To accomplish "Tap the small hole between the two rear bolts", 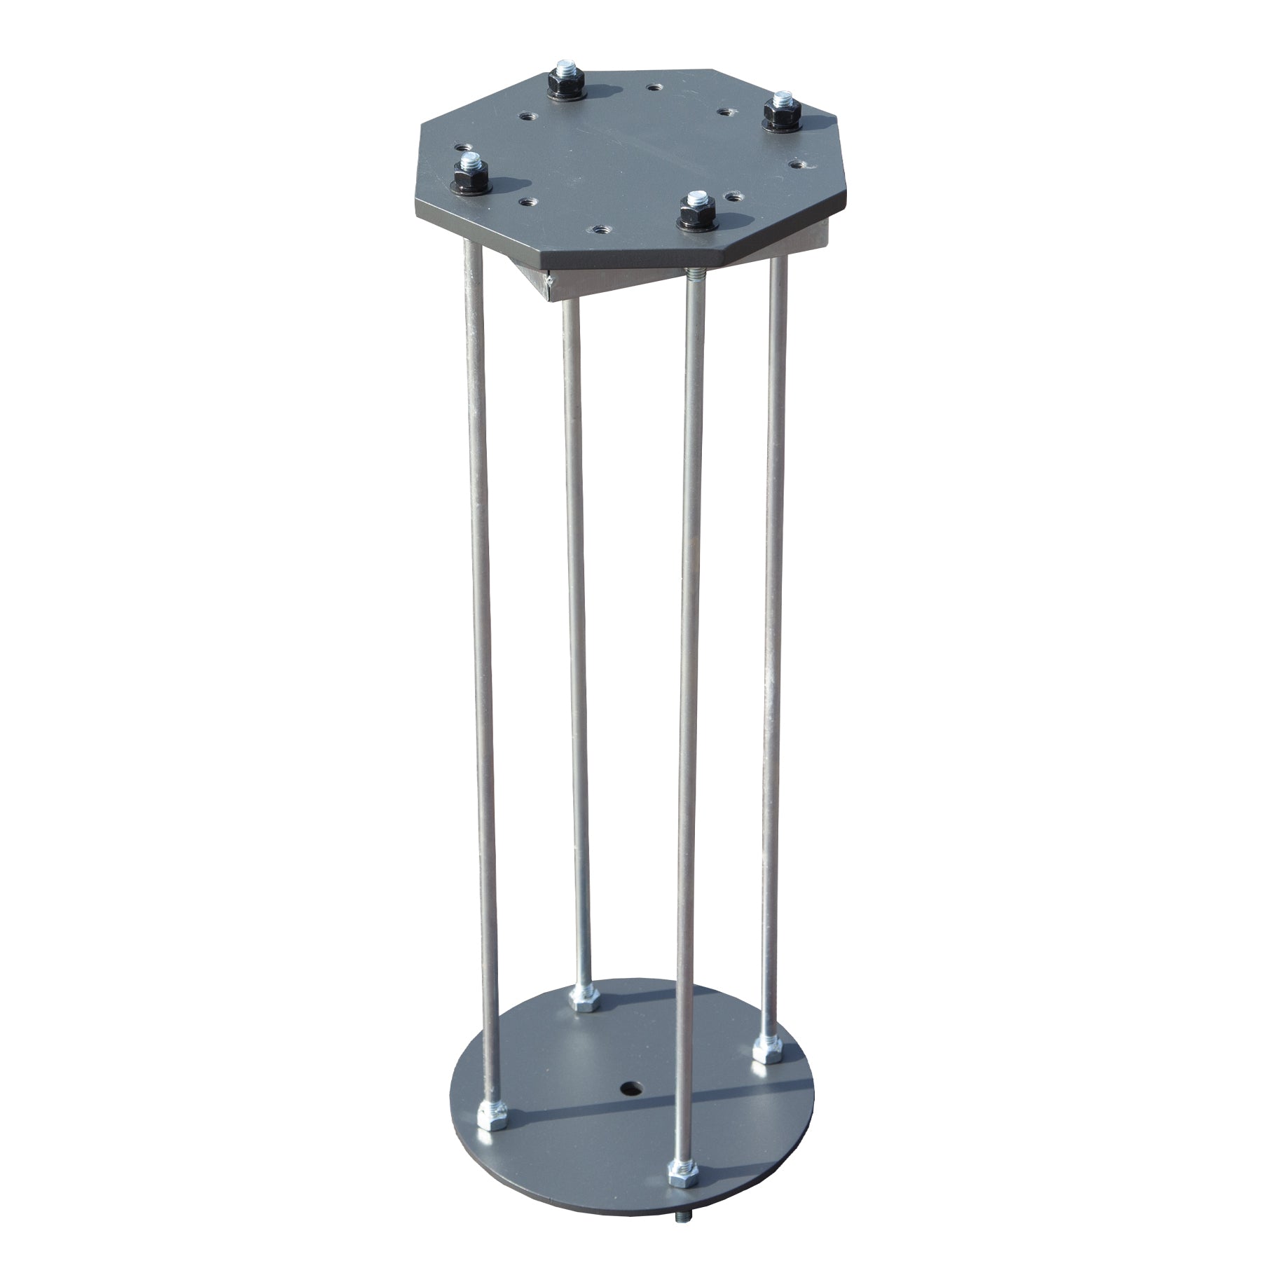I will point(654,88).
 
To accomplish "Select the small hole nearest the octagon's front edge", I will point(600,230).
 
